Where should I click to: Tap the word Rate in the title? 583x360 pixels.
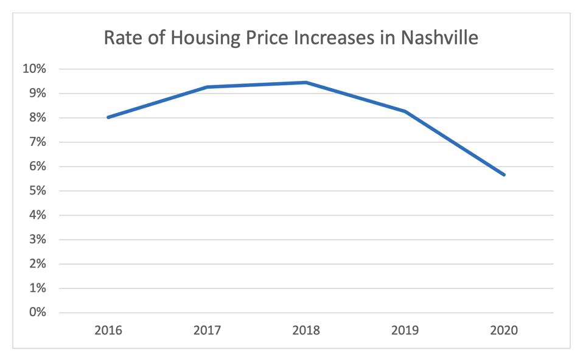[124, 38]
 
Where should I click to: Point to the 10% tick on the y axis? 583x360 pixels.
[34, 69]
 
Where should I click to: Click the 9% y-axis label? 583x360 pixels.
[37, 93]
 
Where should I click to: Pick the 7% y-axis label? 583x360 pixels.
[37, 142]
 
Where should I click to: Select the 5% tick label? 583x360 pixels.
[37, 190]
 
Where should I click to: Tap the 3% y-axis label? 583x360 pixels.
[37, 239]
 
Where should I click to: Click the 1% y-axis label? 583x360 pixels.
[37, 288]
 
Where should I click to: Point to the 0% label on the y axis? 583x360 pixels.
[37, 312]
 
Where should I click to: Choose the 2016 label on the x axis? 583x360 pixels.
[108, 331]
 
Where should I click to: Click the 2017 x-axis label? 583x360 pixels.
[208, 331]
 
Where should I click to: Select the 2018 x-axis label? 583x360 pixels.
[306, 331]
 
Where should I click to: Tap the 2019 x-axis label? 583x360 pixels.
[405, 331]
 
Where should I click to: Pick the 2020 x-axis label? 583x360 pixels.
[504, 331]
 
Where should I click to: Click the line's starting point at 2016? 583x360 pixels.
[108, 117]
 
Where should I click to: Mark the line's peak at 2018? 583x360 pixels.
[306, 82]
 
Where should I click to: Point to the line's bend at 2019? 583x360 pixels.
[405, 111]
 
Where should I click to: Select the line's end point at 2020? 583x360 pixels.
[504, 175]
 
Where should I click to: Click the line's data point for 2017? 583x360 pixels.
[208, 87]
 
